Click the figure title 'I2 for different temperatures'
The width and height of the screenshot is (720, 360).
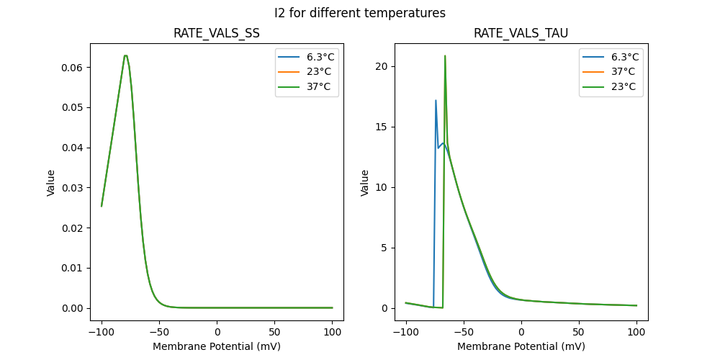(x=359, y=13)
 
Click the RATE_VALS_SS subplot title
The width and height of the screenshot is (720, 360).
(x=217, y=34)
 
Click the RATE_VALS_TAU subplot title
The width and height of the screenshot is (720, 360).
(x=521, y=34)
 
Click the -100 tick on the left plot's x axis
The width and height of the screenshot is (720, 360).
(x=102, y=333)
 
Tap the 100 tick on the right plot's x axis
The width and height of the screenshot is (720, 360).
(x=636, y=333)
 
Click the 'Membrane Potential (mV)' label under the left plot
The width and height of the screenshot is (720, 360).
(x=217, y=346)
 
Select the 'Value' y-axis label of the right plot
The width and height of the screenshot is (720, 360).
(x=365, y=183)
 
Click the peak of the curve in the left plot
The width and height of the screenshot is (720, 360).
(x=125, y=55)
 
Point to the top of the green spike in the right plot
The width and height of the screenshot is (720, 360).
(x=445, y=55)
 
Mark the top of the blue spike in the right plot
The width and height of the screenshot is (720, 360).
(x=436, y=100)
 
